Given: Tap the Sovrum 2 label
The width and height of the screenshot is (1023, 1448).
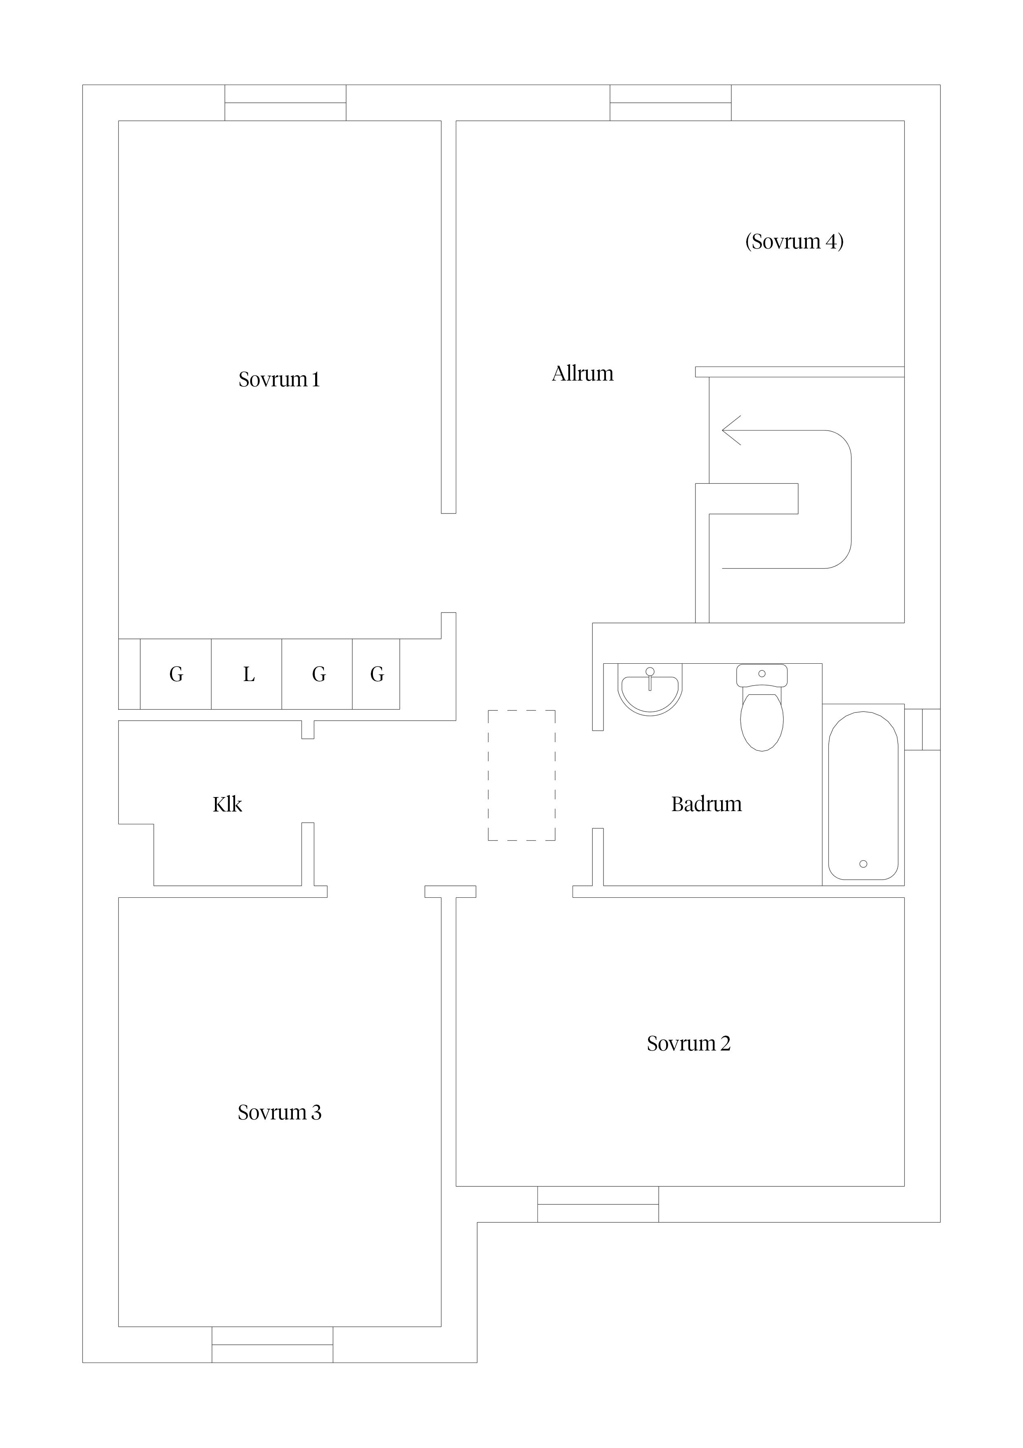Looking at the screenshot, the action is point(688,1044).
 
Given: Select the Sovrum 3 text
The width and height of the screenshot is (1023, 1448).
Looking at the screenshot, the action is point(279,1112).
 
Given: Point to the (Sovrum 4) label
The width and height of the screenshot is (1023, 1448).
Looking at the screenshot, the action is point(794,241).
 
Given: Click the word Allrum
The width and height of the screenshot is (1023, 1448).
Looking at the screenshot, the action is point(582,374).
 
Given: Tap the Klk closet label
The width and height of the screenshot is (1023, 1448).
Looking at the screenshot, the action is point(228,804).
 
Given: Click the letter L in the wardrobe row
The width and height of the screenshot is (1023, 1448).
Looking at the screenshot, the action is point(249,674).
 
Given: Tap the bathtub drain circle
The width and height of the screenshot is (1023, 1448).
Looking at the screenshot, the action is point(863,864).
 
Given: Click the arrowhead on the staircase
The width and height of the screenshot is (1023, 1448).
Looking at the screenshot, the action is point(731,431).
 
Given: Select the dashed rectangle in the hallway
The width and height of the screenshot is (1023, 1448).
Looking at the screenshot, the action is point(521,775).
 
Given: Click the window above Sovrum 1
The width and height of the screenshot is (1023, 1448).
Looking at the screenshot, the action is point(285,103).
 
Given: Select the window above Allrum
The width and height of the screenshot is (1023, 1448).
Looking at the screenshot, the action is point(671,103).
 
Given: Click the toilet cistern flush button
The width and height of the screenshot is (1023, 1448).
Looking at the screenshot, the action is point(761,674).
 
